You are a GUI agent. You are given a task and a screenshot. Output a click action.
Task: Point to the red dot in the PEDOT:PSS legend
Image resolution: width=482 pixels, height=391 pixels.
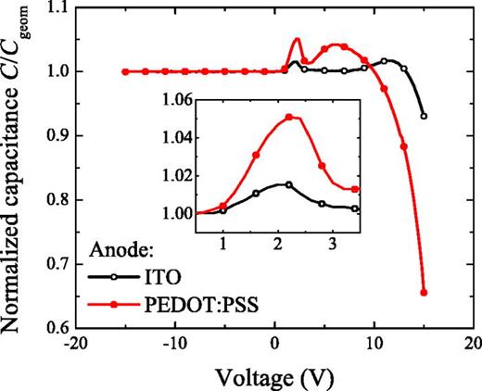[x=114, y=300]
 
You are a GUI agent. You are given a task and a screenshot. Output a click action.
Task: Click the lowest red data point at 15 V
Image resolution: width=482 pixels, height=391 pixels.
[x=424, y=292]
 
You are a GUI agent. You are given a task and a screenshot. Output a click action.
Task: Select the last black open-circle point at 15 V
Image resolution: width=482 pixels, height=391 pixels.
[x=424, y=116]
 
